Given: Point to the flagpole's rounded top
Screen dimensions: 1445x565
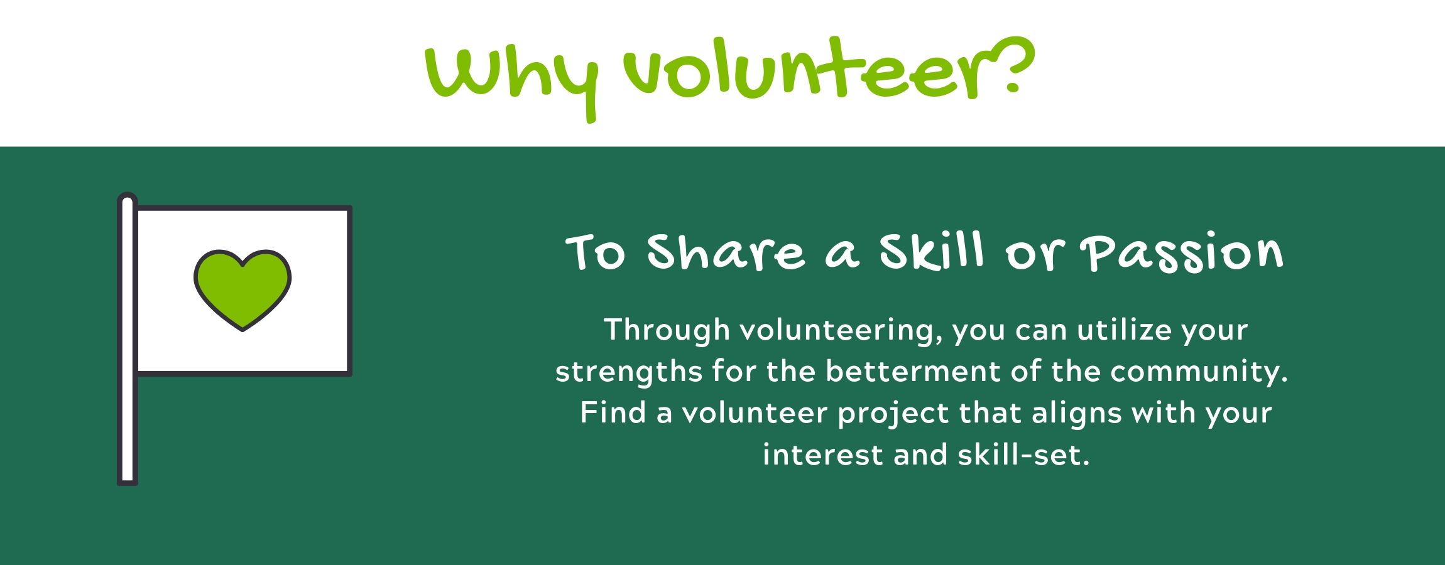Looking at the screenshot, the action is click(128, 198).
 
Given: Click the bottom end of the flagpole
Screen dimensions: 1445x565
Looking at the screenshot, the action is click(128, 482).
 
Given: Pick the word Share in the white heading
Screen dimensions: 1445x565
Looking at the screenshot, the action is click(726, 252).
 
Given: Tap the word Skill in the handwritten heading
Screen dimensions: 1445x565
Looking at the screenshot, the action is click(931, 251).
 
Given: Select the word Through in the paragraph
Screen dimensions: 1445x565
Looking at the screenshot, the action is click(667, 330).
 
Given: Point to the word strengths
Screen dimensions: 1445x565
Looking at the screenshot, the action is click(628, 372).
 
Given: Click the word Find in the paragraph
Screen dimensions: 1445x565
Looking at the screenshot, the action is click(613, 412).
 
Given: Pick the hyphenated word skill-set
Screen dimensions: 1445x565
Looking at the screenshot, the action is click(1024, 455).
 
